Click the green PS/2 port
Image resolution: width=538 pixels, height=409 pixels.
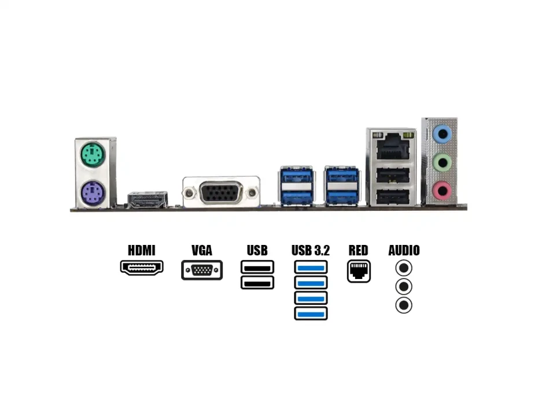(93, 154)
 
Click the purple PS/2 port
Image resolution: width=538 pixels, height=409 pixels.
(93, 191)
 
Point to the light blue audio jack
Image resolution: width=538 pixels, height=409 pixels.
(443, 135)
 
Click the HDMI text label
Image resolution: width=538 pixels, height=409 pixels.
(142, 250)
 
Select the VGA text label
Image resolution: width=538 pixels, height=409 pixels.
(202, 250)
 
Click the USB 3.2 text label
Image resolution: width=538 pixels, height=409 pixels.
(311, 250)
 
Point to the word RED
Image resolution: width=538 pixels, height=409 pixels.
(358, 250)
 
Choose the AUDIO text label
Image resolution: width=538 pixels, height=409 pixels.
(404, 250)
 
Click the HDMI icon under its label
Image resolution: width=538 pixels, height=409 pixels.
(142, 267)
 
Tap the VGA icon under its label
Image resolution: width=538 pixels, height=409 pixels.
(202, 270)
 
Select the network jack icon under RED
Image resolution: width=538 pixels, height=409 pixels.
(359, 271)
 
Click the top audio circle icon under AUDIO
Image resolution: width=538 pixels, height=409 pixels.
(404, 268)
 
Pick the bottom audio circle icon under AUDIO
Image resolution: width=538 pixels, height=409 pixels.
(404, 305)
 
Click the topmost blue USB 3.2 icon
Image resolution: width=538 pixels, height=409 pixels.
(311, 267)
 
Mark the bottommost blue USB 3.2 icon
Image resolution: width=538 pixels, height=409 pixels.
(311, 314)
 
